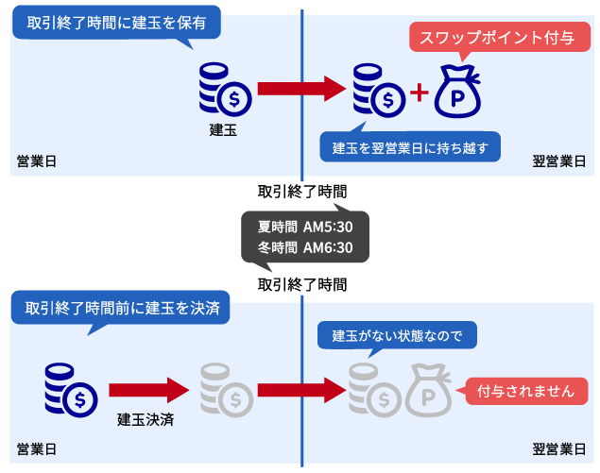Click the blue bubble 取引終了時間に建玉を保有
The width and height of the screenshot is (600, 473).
[x=115, y=20]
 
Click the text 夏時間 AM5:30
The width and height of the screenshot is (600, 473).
[x=304, y=227]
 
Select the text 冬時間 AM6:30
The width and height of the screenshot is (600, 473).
[x=304, y=247]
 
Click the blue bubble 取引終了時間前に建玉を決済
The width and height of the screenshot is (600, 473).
[x=120, y=308]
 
